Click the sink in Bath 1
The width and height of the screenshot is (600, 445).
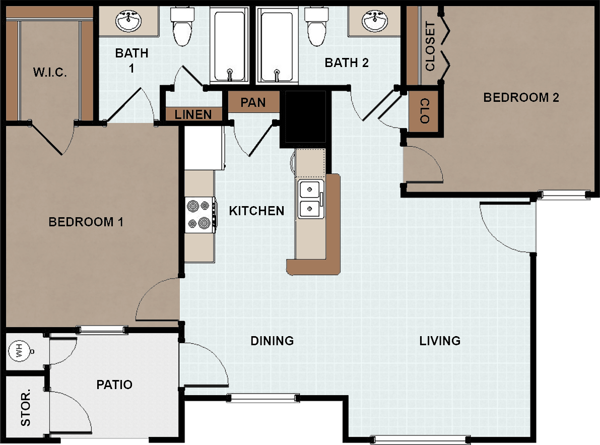(x=128, y=21)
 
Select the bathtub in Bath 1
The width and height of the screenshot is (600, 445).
(x=229, y=45)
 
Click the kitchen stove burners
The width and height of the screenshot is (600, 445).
(x=199, y=215)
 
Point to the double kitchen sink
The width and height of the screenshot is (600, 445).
(x=311, y=199)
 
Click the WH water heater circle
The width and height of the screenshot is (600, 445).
(x=20, y=351)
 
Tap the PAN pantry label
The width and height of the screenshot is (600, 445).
(x=253, y=102)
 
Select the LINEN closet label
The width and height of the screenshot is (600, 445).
(x=193, y=114)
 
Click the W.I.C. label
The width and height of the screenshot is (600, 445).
(x=50, y=72)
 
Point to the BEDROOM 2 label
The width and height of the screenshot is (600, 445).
(x=521, y=98)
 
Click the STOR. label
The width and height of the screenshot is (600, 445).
(x=25, y=408)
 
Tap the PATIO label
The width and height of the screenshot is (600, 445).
(x=114, y=385)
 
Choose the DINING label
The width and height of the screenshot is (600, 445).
(x=272, y=341)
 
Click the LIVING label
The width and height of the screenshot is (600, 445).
(x=440, y=341)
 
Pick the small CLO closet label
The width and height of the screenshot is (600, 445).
(x=425, y=111)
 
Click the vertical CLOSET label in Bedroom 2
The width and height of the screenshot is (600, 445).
(x=431, y=46)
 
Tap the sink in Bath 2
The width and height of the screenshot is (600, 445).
(x=375, y=21)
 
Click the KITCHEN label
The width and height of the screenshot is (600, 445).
(x=256, y=211)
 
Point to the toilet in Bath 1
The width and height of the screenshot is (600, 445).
(x=182, y=26)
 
